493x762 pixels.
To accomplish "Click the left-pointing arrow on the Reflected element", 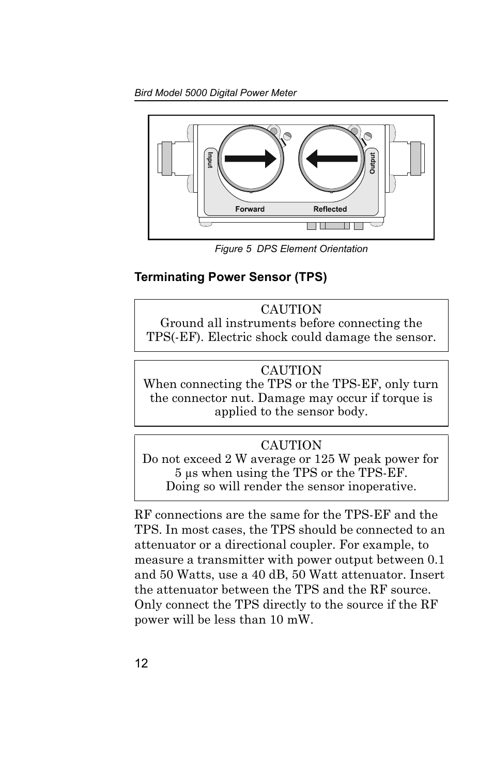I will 331,159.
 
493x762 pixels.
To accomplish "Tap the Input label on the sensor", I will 210,159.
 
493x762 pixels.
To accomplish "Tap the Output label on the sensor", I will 372,163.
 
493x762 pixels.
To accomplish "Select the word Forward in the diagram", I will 250,209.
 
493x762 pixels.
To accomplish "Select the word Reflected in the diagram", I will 330,209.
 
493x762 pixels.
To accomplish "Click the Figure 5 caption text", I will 291,249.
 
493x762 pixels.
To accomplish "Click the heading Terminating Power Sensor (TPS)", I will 230,277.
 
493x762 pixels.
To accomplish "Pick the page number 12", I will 141,664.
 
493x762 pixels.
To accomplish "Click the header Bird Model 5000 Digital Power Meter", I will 215,93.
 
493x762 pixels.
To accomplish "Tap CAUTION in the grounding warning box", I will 291,309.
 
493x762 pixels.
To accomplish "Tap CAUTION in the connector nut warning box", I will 291,370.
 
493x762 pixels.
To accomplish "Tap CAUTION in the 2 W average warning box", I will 291,445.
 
